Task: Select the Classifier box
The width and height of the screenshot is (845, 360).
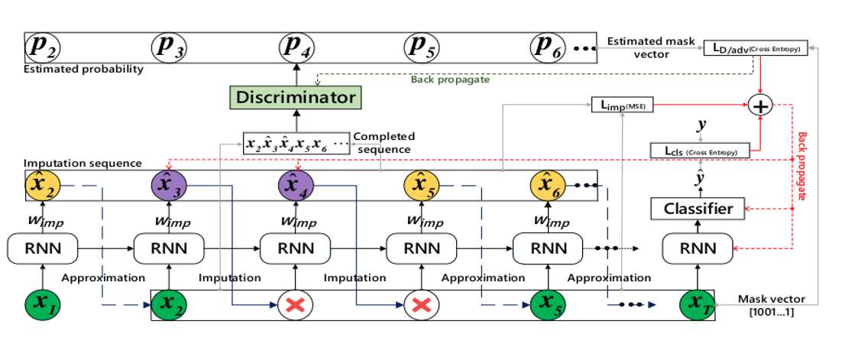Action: (x=698, y=208)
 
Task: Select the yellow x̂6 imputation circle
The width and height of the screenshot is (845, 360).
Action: (x=547, y=186)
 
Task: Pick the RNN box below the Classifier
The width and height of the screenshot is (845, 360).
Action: (x=698, y=248)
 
